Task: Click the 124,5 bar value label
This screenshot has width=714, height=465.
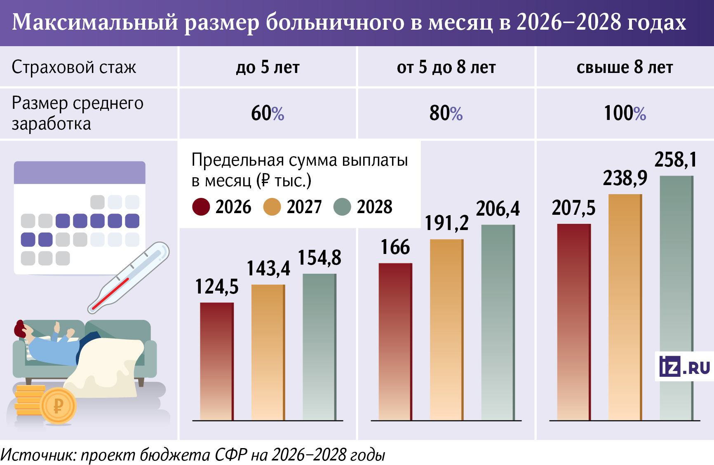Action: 217,287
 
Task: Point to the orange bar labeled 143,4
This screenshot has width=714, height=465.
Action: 268,352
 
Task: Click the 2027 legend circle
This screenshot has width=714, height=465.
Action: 272,207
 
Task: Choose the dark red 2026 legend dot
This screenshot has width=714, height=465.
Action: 201,207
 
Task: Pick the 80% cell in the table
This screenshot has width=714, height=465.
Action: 446,113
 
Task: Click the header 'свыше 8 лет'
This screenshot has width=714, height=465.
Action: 625,67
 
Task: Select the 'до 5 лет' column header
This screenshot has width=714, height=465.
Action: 268,67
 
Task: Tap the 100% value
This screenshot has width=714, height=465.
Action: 625,113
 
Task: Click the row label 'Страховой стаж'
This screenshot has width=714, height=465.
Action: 74,67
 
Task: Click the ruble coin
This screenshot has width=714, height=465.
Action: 59,406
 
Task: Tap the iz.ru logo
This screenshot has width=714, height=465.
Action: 684,366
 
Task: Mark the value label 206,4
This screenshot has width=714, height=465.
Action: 498,209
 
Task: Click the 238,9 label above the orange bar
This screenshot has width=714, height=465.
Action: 625,178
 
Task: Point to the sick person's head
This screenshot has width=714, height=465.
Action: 23,329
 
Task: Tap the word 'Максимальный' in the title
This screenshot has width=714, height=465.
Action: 95,22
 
